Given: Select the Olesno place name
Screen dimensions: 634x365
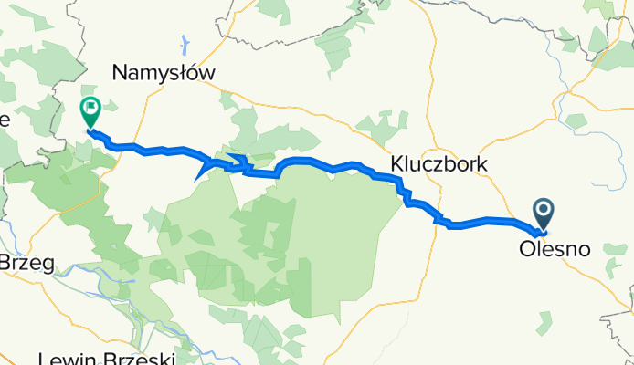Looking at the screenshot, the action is [554, 248].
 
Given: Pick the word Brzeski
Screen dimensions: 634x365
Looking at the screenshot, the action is [147, 359].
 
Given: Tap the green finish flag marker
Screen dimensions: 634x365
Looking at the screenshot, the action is [91, 112].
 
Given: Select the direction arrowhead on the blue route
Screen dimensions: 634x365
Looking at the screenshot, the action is [200, 172].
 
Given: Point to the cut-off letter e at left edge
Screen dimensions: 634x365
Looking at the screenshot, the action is [5, 119].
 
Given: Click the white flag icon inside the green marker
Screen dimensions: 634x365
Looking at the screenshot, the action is [91, 109].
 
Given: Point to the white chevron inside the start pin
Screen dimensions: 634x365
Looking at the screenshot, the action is [544, 212].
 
